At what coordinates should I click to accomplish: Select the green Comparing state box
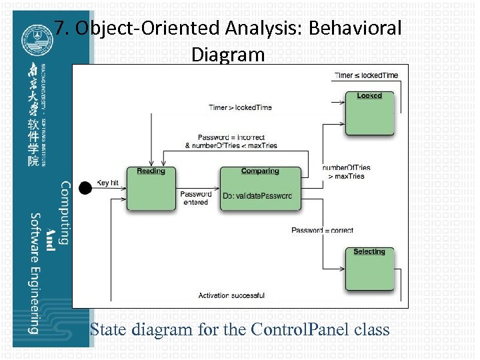tap(260, 189)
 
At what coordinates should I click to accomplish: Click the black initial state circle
tap(85, 188)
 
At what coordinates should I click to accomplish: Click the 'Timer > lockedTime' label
tap(240, 107)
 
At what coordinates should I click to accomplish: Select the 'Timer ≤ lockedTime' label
tap(366, 75)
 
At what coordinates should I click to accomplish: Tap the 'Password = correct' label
tap(323, 231)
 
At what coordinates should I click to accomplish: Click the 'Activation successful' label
tap(231, 295)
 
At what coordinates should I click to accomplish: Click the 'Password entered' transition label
tap(195, 198)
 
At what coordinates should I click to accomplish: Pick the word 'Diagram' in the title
tap(228, 54)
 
